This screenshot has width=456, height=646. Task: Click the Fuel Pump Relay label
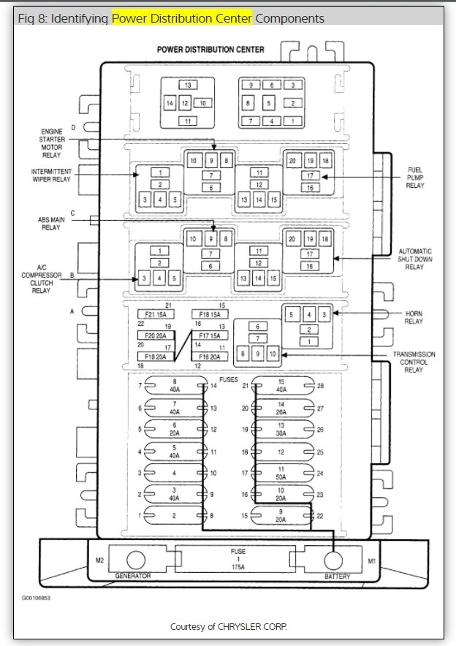pyautogui.click(x=415, y=178)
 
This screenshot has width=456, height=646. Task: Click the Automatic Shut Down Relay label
pyautogui.click(x=416, y=258)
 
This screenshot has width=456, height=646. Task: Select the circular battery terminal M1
pyautogui.click(x=333, y=560)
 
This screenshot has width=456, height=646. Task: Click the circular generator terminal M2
pyautogui.click(x=135, y=560)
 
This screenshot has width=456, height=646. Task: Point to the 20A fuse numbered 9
pyautogui.click(x=281, y=515)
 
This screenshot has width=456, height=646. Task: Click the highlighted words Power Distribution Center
pyautogui.click(x=182, y=18)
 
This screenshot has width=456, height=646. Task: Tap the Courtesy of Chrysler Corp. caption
pyautogui.click(x=228, y=626)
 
